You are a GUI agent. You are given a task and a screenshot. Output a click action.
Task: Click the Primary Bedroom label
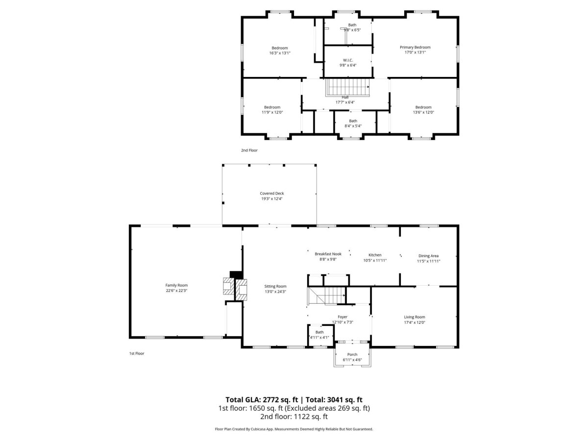click(x=415, y=48)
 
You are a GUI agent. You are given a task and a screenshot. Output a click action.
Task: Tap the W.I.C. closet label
click(x=348, y=60)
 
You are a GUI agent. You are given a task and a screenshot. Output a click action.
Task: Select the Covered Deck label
click(x=271, y=194)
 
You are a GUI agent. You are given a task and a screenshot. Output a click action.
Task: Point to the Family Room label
click(x=176, y=285)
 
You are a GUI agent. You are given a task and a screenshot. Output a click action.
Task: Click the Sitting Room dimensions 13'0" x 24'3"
click(x=275, y=292)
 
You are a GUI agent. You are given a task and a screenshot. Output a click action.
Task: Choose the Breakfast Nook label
click(x=328, y=254)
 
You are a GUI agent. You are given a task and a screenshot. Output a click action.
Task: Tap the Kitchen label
click(x=375, y=255)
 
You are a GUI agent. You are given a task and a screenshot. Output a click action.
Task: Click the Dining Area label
click(x=428, y=256)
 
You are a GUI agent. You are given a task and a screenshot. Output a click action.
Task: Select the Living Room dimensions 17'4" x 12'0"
click(x=415, y=322)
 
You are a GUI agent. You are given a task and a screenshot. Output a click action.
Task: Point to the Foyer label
click(x=343, y=317)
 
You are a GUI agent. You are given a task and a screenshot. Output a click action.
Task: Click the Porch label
click(x=352, y=354)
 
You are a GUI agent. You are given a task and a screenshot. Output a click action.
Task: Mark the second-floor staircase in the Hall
click(x=347, y=88)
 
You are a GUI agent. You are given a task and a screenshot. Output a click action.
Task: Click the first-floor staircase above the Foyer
click(x=326, y=296)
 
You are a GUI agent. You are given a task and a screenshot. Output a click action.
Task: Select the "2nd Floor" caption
click(x=249, y=150)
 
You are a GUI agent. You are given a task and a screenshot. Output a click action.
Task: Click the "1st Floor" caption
click(x=137, y=353)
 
